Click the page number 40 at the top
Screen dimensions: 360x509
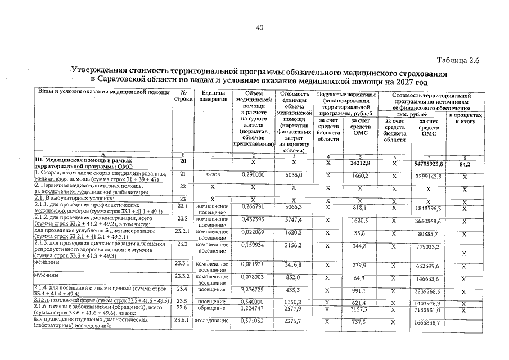pyautogui.click(x=259, y=28)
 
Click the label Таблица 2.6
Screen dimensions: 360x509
pyautogui.click(x=458, y=61)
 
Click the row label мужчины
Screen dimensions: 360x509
pyautogui.click(x=46, y=276)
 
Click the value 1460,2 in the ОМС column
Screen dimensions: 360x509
pyautogui.click(x=358, y=175)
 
